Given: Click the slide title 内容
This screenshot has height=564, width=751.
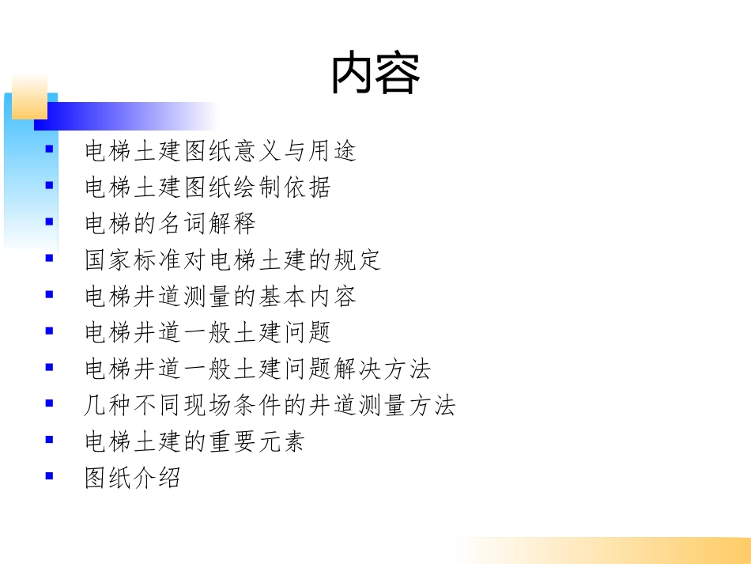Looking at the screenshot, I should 375,74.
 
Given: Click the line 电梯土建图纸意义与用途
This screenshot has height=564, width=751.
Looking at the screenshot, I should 221,150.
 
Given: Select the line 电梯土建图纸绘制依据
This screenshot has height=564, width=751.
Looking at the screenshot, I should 208,187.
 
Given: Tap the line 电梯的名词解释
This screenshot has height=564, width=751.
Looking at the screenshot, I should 171,223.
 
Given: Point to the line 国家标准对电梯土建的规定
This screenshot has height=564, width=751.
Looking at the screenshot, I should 233,259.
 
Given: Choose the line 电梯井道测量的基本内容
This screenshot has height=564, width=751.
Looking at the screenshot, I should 221,296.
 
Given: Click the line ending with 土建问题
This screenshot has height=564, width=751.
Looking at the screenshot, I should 208,332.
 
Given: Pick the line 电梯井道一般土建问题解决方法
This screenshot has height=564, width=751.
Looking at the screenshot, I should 258,369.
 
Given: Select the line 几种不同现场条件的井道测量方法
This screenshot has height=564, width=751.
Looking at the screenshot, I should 270,406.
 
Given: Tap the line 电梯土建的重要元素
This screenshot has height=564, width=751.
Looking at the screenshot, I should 195,442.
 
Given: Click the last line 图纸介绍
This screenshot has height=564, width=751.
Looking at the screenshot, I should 133,478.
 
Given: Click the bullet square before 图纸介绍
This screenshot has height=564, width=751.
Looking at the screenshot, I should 49,476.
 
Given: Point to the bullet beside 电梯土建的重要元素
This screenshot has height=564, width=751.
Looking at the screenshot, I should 49,440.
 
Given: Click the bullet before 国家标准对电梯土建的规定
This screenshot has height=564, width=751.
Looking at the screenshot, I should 49,258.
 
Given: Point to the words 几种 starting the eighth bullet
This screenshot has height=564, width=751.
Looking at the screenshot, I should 109,406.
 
